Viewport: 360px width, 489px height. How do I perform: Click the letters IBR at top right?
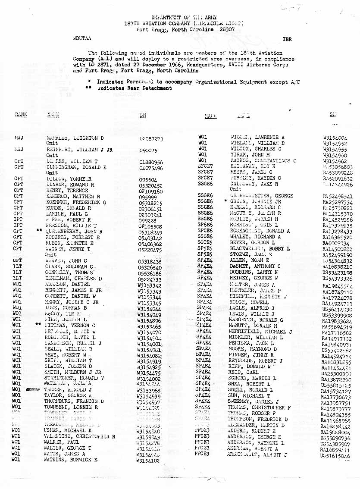coord(287,39)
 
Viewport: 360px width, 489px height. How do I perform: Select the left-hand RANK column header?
coord(21,115)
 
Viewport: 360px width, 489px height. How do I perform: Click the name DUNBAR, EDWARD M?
coord(69,185)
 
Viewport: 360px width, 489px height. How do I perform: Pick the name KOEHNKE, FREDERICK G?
coord(76,202)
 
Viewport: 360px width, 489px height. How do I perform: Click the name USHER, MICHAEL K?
coord(68,431)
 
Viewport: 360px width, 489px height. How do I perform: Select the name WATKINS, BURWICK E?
coord(71,460)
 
